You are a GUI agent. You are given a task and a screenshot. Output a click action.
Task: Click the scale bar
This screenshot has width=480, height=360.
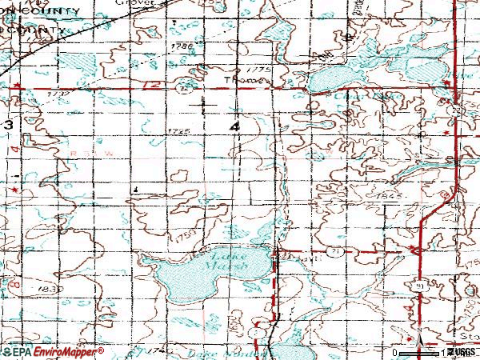(x=419, y=351)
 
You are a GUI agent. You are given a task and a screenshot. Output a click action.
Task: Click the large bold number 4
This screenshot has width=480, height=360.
(x=234, y=127)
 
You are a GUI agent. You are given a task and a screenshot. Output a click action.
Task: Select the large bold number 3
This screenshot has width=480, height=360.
(x=7, y=126)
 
